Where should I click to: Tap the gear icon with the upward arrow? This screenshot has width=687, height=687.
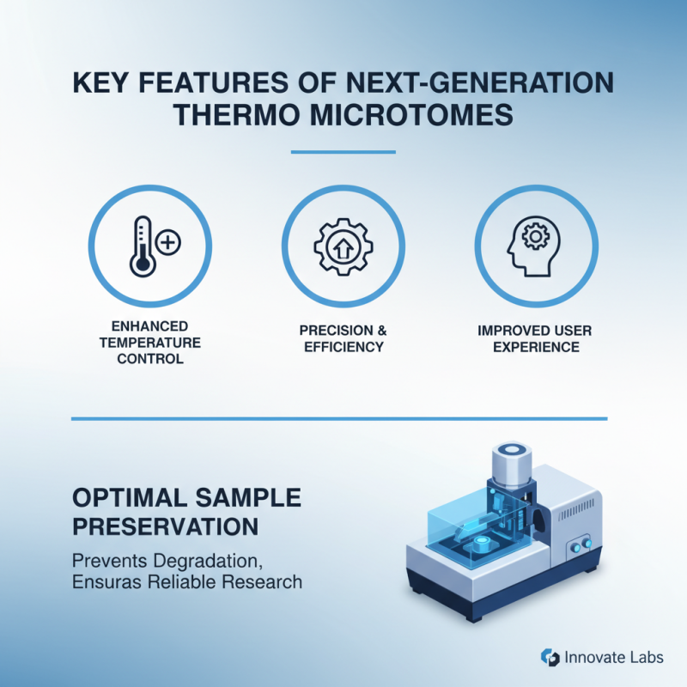(x=342, y=246)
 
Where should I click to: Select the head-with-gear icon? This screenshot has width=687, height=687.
(x=534, y=246)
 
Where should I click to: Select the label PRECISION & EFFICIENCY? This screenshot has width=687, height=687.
(x=342, y=338)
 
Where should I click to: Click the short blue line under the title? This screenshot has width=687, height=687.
(x=343, y=153)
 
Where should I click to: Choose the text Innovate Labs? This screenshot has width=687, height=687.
(x=613, y=657)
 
